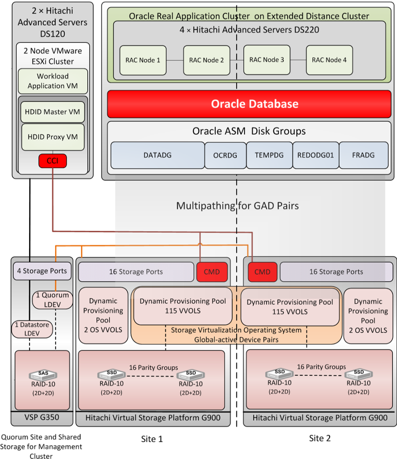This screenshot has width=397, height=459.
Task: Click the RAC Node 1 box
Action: [143, 60]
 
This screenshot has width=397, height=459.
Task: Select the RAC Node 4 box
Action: [329, 60]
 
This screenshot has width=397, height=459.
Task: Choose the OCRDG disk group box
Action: [225, 155]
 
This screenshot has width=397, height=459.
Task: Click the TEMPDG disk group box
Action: [268, 155]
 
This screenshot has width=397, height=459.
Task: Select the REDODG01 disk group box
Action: [315, 155]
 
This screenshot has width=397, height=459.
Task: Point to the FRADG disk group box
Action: [363, 155]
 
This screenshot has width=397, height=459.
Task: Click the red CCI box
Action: [53, 162]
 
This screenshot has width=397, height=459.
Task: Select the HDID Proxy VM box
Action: [53, 137]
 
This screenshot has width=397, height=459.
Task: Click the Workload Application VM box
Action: [53, 81]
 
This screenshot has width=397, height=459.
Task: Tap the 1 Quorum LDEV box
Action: [52, 300]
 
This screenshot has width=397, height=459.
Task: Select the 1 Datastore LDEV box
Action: [32, 328]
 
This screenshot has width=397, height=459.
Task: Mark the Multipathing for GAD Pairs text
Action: [237, 206]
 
